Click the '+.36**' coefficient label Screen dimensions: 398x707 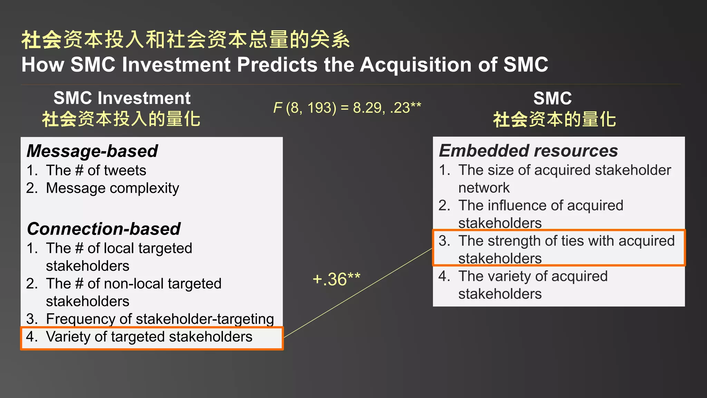click(x=336, y=279)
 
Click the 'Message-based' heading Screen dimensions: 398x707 click(x=92, y=151)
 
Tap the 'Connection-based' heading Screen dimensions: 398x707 click(x=104, y=229)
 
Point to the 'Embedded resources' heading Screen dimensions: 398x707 click(x=528, y=151)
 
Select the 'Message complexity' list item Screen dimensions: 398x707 click(x=112, y=188)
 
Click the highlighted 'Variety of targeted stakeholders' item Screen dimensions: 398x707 click(x=149, y=337)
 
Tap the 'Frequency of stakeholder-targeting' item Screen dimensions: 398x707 click(x=160, y=319)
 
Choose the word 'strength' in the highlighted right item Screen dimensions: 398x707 click(x=514, y=241)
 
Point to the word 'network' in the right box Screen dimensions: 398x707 click(x=484, y=188)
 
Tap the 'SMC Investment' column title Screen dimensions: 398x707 click(x=122, y=98)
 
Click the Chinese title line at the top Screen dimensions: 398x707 click(x=185, y=40)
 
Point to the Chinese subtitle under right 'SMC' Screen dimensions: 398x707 click(x=554, y=120)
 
